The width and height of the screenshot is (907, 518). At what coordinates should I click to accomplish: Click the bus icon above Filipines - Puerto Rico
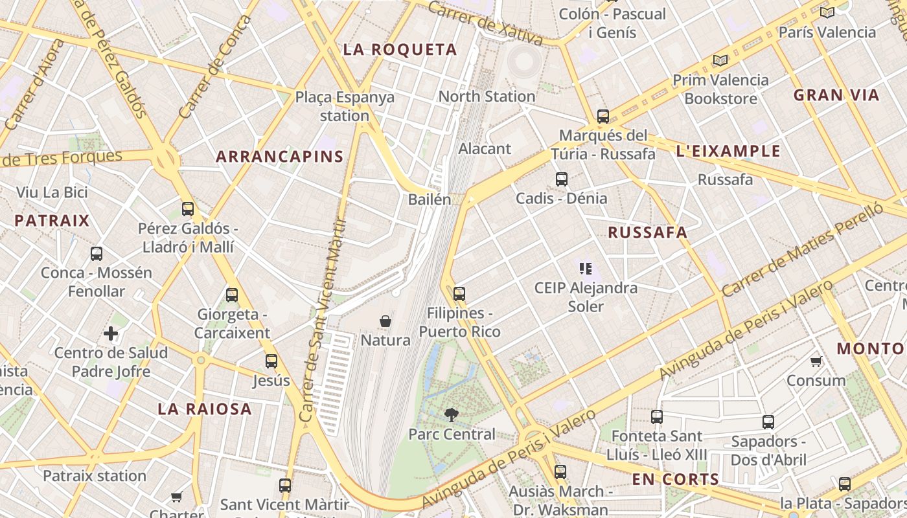click(x=459, y=294)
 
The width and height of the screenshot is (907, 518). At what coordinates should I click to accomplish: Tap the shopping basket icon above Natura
click(x=385, y=321)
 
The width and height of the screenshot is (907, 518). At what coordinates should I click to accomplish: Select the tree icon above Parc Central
click(x=451, y=415)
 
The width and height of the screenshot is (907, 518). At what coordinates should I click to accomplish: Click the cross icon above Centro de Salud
click(x=111, y=334)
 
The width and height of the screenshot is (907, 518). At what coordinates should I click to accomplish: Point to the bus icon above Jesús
click(x=271, y=361)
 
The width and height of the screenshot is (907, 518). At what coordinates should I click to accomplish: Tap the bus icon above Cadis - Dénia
click(x=562, y=179)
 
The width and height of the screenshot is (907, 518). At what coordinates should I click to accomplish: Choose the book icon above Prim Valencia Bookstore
click(x=720, y=61)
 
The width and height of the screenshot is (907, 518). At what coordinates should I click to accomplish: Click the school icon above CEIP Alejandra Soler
click(x=586, y=268)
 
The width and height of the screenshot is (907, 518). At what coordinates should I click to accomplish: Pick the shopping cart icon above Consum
click(x=816, y=361)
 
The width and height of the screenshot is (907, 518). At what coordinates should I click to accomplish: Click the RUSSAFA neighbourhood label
click(x=647, y=233)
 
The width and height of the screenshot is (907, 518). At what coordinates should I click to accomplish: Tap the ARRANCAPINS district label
click(x=279, y=157)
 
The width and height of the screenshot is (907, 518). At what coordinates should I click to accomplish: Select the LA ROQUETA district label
click(x=400, y=50)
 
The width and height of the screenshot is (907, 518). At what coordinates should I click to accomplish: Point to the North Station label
click(x=487, y=96)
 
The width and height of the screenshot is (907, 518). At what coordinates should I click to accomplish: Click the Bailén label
click(x=430, y=199)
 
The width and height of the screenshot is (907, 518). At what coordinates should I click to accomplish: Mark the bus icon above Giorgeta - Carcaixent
click(x=232, y=295)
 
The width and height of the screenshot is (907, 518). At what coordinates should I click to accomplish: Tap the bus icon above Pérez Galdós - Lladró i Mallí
click(x=188, y=209)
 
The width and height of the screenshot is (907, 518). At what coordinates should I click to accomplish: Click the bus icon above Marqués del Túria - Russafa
click(x=603, y=117)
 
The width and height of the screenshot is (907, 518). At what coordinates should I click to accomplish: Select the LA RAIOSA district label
click(x=205, y=409)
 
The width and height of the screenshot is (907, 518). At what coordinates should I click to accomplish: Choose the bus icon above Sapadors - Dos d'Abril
click(x=768, y=422)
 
